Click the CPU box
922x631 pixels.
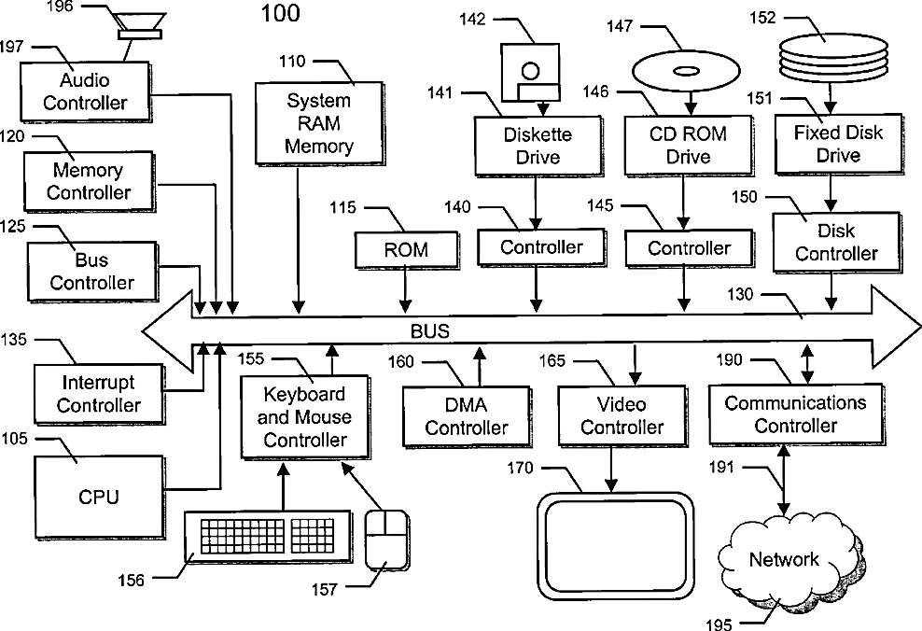[x=99, y=497]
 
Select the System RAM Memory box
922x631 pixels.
[x=319, y=123]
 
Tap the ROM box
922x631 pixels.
[x=406, y=250]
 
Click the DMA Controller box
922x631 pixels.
[x=467, y=416]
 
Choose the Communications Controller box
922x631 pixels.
[x=795, y=414]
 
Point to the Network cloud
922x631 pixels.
[x=784, y=560]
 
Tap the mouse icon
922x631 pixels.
[x=386, y=539]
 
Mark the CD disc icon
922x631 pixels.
[x=682, y=70]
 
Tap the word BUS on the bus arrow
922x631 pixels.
[x=429, y=330]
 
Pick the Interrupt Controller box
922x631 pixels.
[x=99, y=394]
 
